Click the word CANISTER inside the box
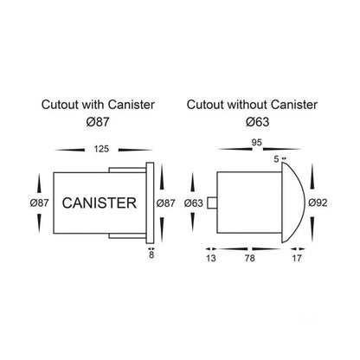(100, 202)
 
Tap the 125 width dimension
(101, 149)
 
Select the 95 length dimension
(257, 142)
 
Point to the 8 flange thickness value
(151, 254)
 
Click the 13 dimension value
(211, 258)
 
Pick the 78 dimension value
(250, 258)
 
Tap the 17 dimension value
(297, 258)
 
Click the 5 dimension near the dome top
(276, 159)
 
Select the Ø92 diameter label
(318, 202)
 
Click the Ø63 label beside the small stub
(194, 203)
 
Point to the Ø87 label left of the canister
(39, 203)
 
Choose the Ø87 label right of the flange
(165, 203)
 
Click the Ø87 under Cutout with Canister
(98, 122)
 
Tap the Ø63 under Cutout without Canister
(258, 122)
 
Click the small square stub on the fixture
(212, 202)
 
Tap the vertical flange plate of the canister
(150, 203)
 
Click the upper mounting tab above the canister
(127, 170)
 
